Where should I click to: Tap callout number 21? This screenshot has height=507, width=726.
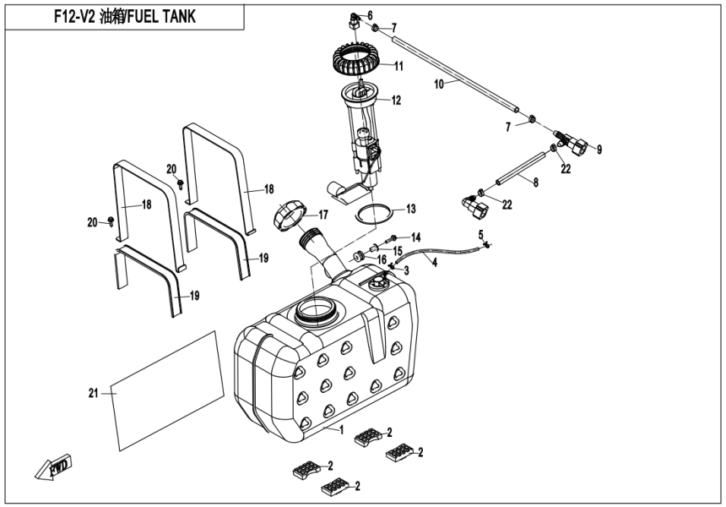[x=94, y=392]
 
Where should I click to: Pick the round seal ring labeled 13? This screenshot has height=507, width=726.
[x=372, y=211]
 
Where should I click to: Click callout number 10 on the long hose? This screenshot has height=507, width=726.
[x=439, y=84]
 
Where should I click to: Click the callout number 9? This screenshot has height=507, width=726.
[x=599, y=150]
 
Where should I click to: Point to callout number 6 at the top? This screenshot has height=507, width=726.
[x=369, y=15]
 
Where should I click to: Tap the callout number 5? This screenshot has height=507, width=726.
[x=480, y=234]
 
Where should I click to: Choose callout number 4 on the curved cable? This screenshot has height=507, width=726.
[x=435, y=263]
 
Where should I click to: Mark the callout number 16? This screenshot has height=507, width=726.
[x=381, y=260]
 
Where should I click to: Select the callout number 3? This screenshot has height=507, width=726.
[x=406, y=270]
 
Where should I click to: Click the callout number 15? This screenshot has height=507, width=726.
[x=398, y=250]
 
